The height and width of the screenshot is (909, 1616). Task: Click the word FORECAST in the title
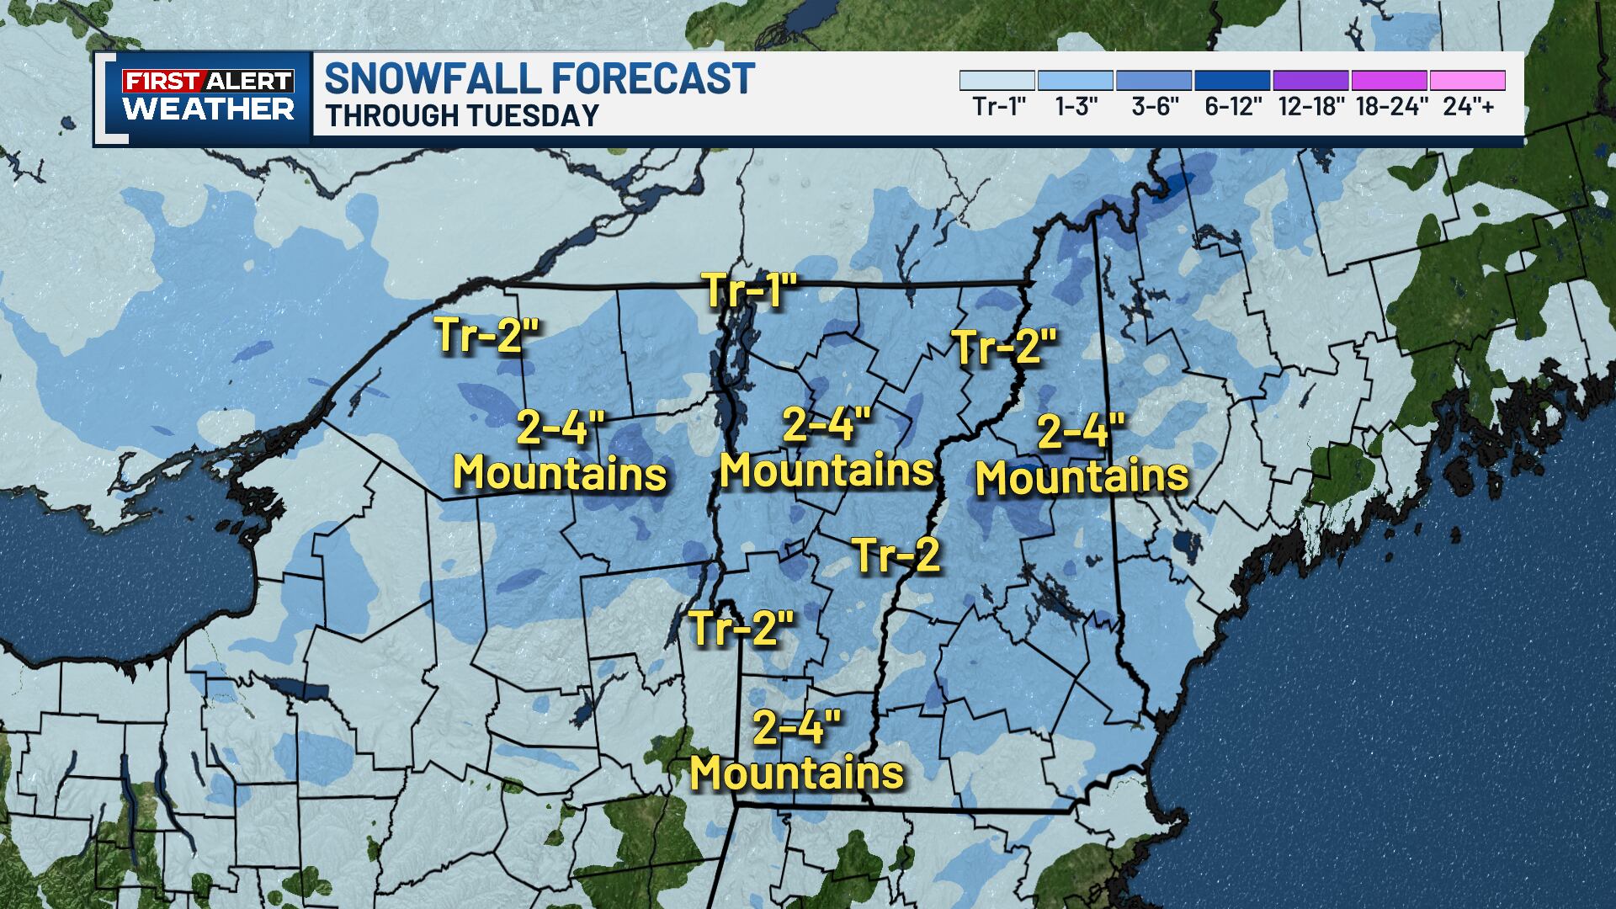(x=652, y=78)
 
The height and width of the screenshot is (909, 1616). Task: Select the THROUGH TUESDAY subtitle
(x=462, y=116)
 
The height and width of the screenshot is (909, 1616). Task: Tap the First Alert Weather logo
(x=209, y=96)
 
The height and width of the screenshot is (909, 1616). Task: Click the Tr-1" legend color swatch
(x=997, y=81)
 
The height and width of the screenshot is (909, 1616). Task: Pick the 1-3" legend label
(x=1076, y=108)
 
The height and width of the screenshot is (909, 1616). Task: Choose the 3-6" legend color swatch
(x=1154, y=81)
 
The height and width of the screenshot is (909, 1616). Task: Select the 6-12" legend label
(x=1232, y=108)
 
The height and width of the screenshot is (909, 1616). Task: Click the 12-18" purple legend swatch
(x=1310, y=81)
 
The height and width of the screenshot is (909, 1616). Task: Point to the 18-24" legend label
(x=1389, y=108)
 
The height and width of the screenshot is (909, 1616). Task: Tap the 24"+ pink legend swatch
(x=1467, y=81)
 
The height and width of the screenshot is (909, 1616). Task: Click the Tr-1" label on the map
(x=749, y=290)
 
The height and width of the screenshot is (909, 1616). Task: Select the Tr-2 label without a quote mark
(x=896, y=555)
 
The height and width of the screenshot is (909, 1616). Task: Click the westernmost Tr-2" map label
(x=486, y=334)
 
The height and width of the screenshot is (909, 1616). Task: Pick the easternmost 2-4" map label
(x=1081, y=433)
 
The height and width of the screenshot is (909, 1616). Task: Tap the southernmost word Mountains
(x=796, y=772)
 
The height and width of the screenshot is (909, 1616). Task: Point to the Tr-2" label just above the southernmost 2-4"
(x=742, y=629)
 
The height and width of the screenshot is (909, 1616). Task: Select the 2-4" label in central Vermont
(x=825, y=424)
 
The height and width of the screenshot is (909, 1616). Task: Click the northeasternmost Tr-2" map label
(x=1003, y=347)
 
